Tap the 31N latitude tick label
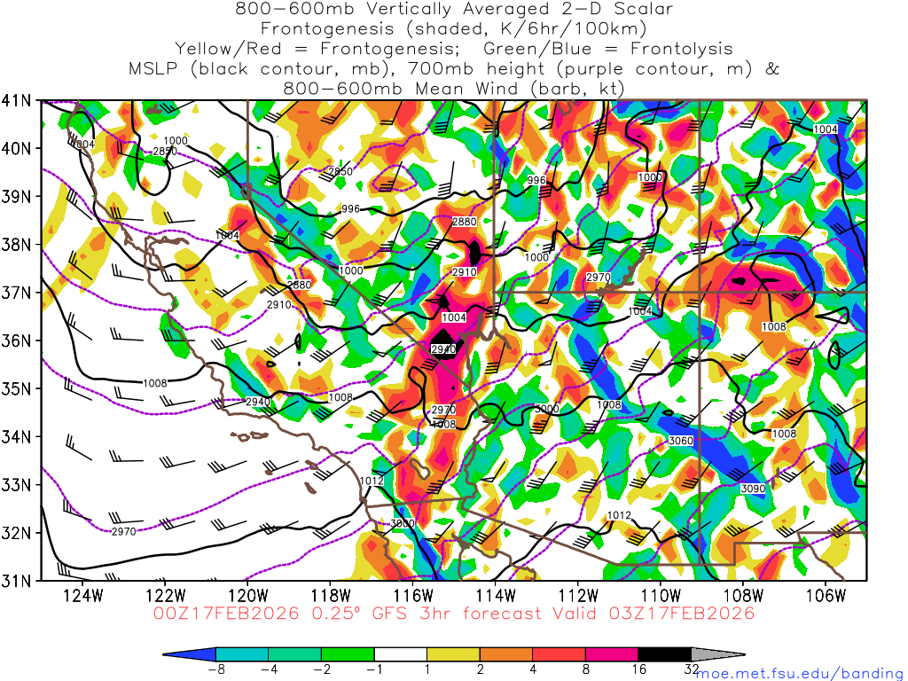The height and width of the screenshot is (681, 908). pyautogui.click(x=18, y=581)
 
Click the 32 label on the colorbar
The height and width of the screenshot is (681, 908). pyautogui.click(x=692, y=669)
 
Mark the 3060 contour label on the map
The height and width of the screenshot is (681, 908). pyautogui.click(x=679, y=441)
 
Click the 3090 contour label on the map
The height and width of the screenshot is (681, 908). pyautogui.click(x=752, y=489)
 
